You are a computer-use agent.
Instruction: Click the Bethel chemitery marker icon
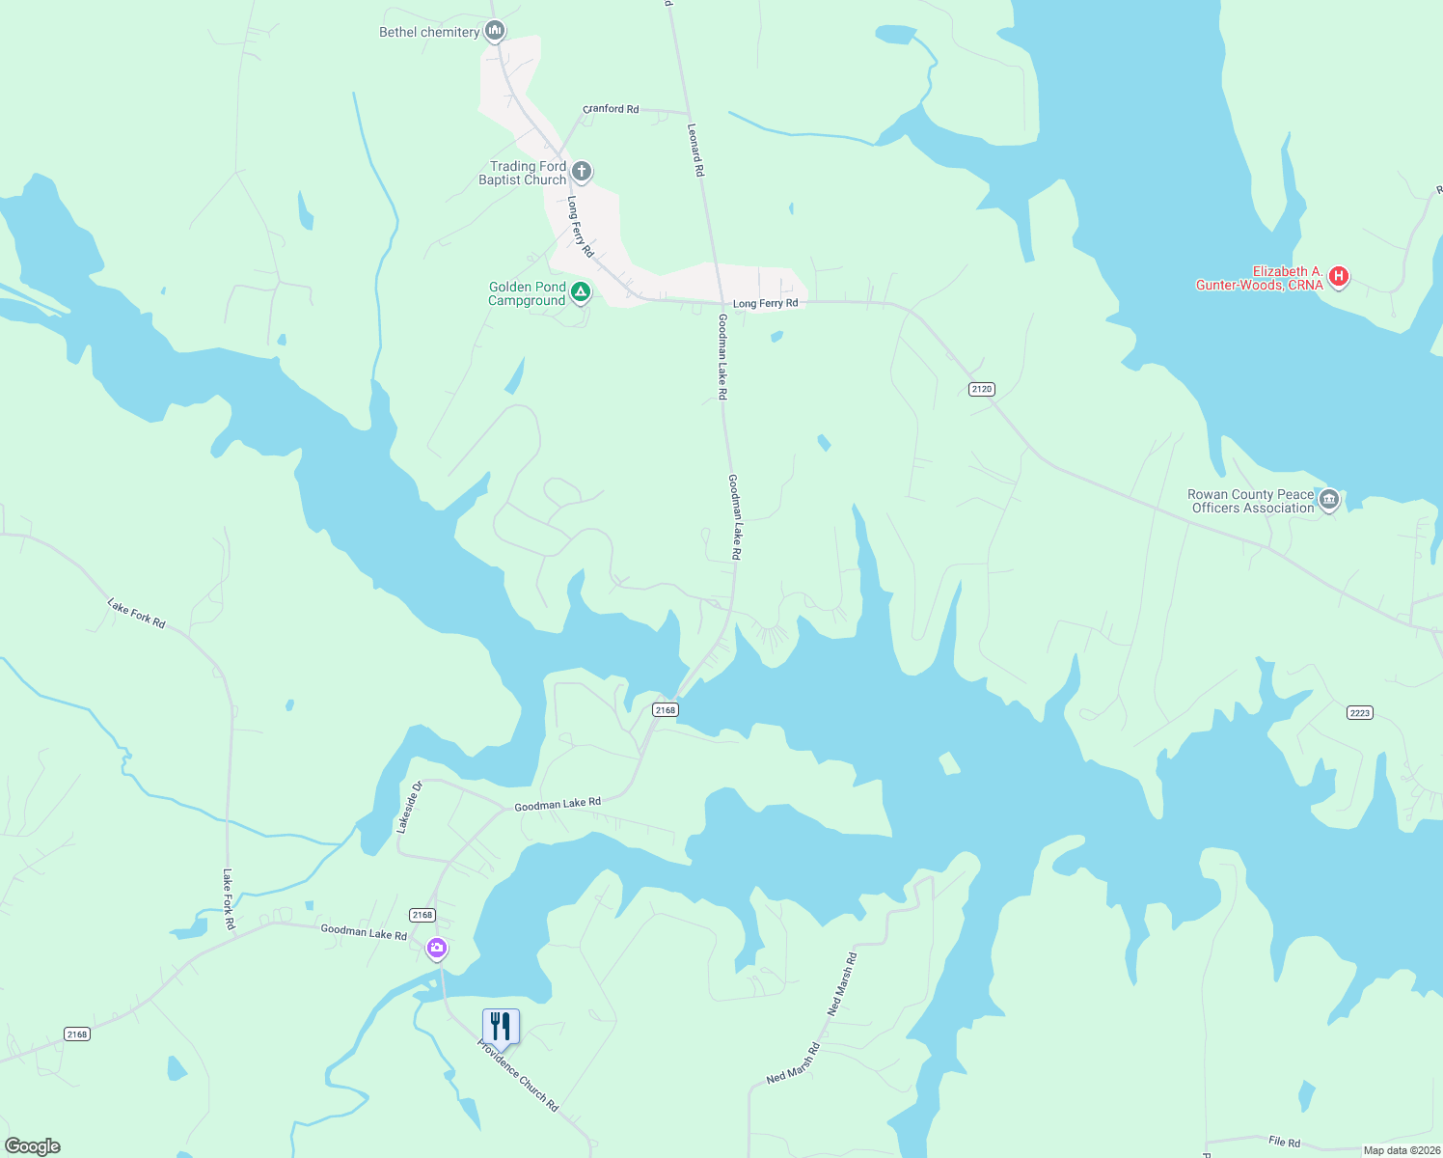click(x=495, y=32)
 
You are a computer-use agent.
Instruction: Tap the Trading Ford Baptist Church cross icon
click(x=582, y=173)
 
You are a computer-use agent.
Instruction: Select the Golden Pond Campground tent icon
click(x=580, y=291)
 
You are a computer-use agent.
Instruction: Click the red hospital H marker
click(x=1338, y=278)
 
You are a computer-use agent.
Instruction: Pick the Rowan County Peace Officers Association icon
click(x=1329, y=500)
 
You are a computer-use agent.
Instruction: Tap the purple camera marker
click(x=437, y=949)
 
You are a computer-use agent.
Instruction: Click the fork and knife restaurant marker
click(x=501, y=1027)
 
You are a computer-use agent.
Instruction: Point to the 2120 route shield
click(x=981, y=389)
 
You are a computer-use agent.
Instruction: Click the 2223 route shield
click(x=1359, y=713)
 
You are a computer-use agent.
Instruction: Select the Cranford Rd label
click(x=611, y=109)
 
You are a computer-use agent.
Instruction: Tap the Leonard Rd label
click(x=695, y=149)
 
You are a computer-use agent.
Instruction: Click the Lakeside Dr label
click(x=410, y=807)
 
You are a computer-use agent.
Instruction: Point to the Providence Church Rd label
click(x=519, y=1076)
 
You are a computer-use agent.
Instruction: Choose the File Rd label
click(x=1284, y=1142)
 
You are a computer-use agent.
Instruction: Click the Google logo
click(x=33, y=1146)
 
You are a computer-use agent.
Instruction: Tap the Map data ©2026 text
click(x=1401, y=1150)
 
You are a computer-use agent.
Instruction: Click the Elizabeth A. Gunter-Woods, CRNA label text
click(x=1259, y=278)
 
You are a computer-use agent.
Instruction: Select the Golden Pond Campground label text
click(x=527, y=293)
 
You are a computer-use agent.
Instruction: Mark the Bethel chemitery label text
click(x=429, y=32)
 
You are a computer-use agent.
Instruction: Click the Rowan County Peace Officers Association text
click(x=1251, y=501)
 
